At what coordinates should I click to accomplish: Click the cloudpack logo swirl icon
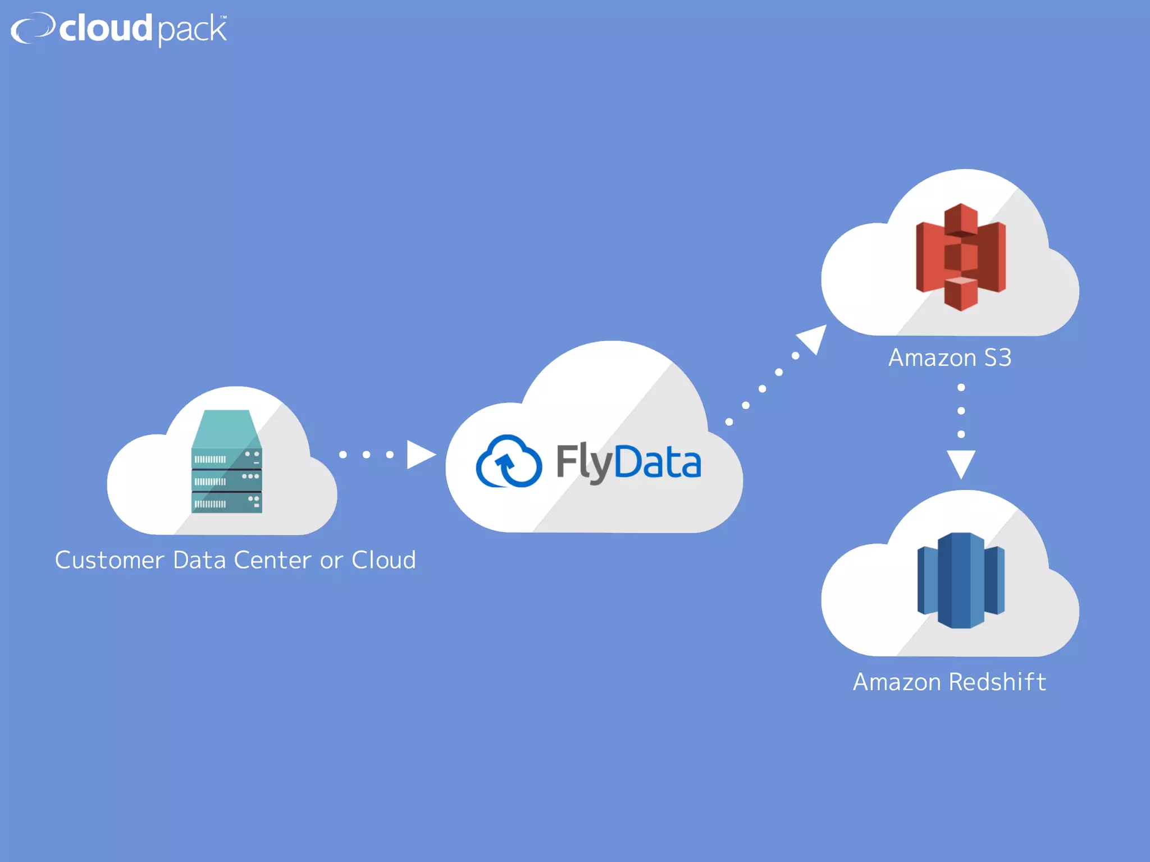33,27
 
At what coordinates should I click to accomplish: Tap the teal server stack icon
226,461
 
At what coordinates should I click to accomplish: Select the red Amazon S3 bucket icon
961,256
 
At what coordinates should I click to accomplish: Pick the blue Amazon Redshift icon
961,580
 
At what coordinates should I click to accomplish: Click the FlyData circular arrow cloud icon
509,462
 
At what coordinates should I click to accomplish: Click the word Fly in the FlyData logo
584,462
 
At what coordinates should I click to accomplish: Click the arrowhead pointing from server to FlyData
420,455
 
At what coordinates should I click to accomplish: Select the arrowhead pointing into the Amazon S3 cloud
814,338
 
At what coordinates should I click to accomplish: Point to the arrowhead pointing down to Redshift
961,463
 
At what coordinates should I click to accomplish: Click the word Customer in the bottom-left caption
109,560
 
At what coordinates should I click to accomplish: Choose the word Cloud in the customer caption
384,560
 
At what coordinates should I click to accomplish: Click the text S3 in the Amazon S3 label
998,358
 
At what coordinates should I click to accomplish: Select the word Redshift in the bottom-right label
997,682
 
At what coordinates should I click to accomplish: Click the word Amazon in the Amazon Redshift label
897,682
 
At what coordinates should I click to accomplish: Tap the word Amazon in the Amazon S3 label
932,358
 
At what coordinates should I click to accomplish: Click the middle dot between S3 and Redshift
961,411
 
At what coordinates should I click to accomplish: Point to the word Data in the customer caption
199,560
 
